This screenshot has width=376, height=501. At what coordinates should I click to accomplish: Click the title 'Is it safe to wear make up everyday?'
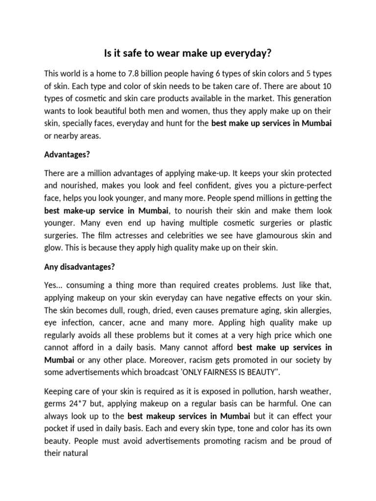(x=188, y=52)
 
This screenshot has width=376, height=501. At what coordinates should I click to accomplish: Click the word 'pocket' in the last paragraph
(x=57, y=428)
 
